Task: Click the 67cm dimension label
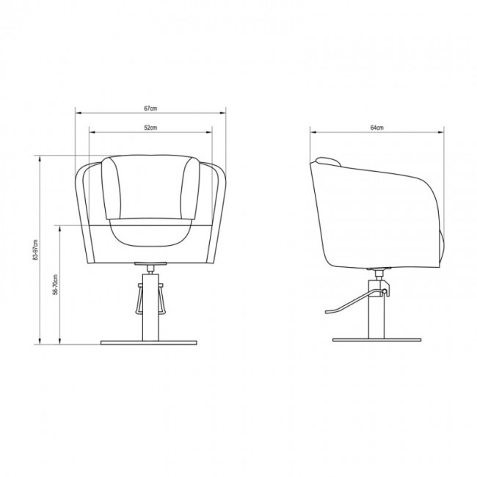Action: point(150,109)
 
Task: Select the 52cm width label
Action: point(150,128)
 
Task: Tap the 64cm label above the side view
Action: point(377,128)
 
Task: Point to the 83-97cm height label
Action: point(36,250)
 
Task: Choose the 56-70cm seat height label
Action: point(55,285)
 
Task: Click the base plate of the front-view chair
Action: point(149,343)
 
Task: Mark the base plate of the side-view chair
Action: point(377,340)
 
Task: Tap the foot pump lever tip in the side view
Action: point(327,312)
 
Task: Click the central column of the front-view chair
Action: point(150,307)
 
